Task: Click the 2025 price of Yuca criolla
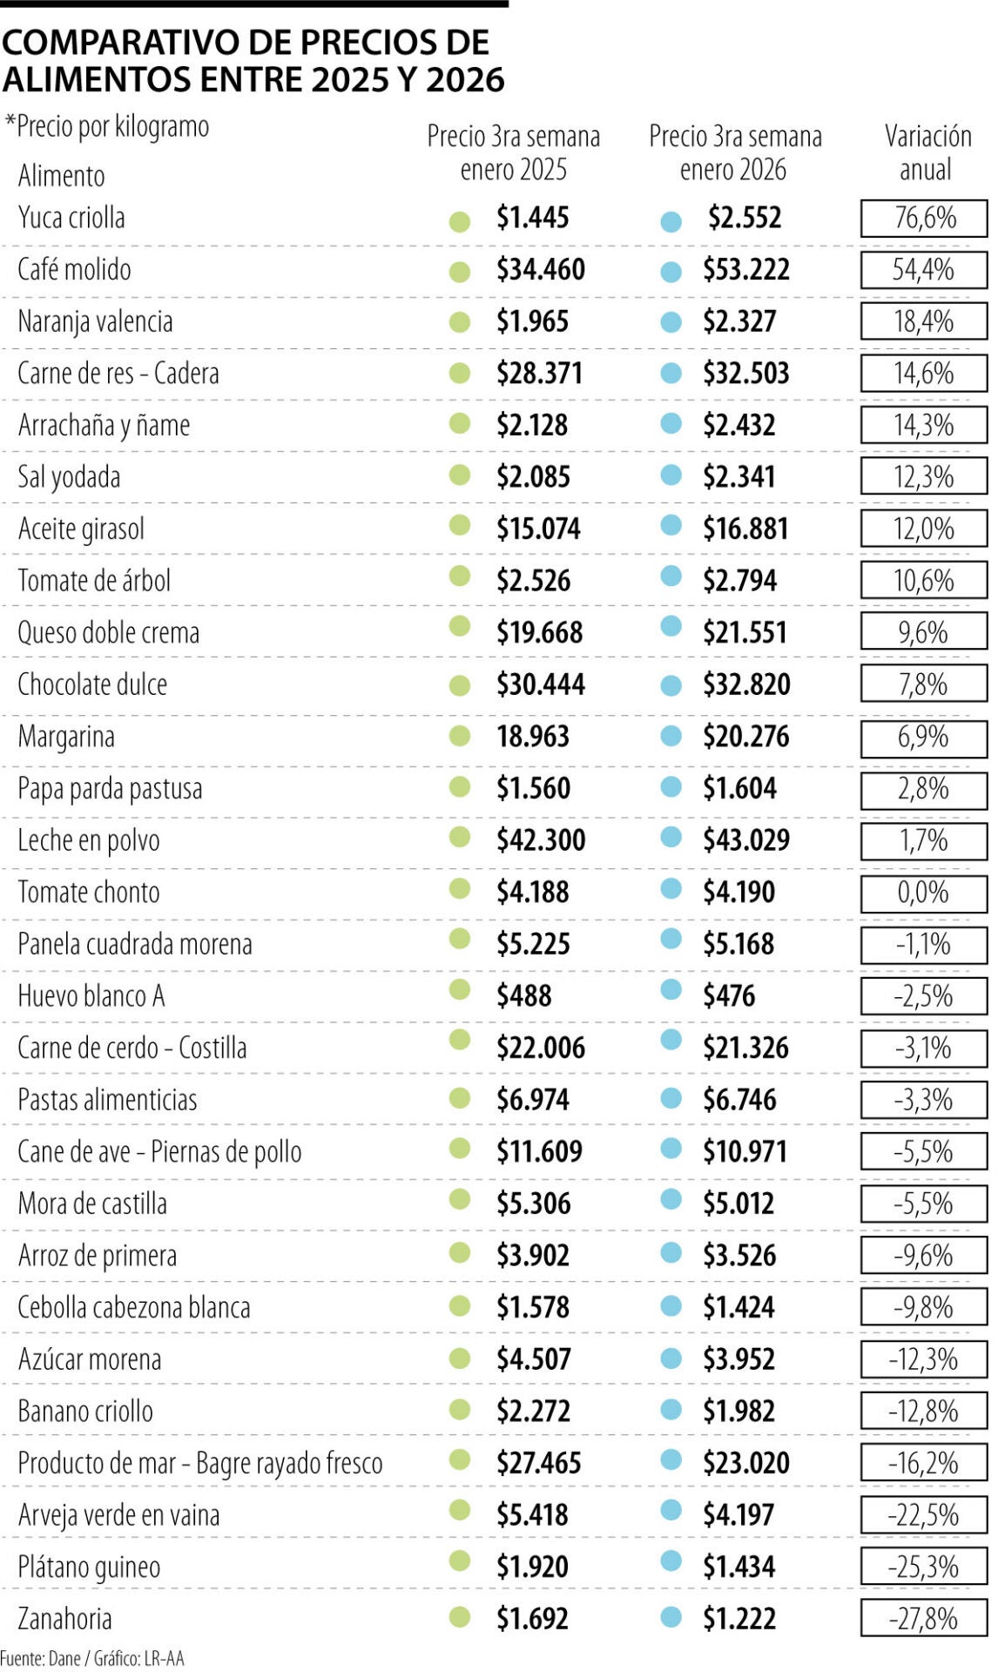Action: click(532, 218)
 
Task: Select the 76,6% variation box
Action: click(923, 218)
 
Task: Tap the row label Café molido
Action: click(74, 270)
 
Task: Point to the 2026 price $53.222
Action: click(745, 270)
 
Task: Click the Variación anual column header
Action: click(927, 152)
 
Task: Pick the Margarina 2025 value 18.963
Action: click(532, 737)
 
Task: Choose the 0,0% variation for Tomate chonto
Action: click(923, 893)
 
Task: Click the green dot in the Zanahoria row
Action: click(460, 1618)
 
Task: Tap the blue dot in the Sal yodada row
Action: click(671, 475)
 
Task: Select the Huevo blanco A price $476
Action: click(729, 996)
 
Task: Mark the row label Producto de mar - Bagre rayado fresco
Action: click(200, 1463)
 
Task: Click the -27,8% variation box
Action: click(923, 1619)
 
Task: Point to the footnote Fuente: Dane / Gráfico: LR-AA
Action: click(92, 1658)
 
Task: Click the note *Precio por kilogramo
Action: click(107, 127)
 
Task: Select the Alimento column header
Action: click(62, 176)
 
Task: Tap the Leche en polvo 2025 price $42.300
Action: click(540, 840)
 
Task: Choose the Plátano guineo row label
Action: click(89, 1567)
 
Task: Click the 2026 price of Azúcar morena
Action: click(739, 1359)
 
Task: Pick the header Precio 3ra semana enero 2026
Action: click(734, 152)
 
